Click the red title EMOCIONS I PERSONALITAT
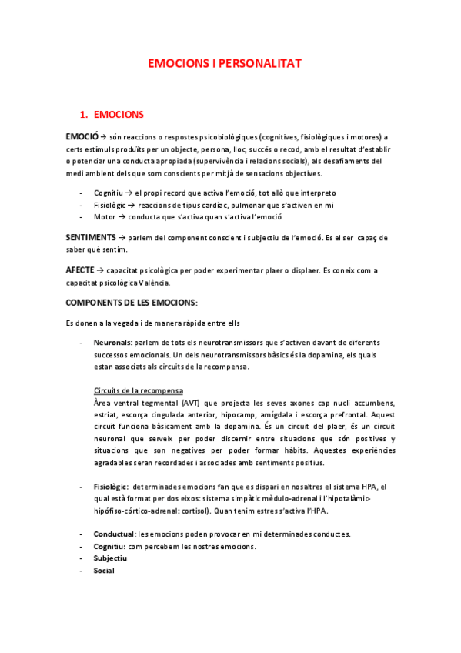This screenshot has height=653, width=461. coord(225,65)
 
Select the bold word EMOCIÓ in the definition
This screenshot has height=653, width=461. coord(82,136)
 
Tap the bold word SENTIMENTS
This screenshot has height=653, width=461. coord(91,237)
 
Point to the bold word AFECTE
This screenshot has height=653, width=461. coord(80,270)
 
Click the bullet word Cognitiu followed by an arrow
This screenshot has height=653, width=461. coord(109,193)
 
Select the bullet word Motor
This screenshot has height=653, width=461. coord(104,217)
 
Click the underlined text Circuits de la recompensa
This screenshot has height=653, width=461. coord(138,391)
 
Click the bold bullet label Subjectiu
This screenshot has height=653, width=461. coord(111,558)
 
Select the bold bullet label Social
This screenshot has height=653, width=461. coord(104,571)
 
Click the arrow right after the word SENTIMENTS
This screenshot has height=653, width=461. coord(123,237)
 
